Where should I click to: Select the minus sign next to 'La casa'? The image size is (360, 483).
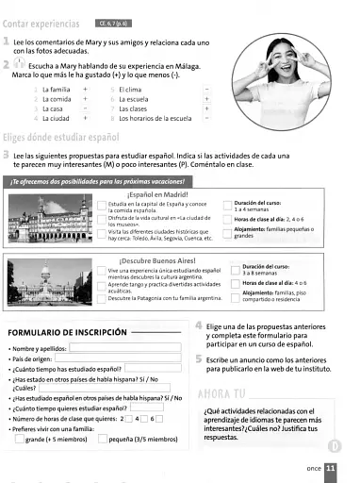pyautogui.click(x=84, y=108)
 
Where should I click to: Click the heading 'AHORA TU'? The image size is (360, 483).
pyautogui.click(x=224, y=392)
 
